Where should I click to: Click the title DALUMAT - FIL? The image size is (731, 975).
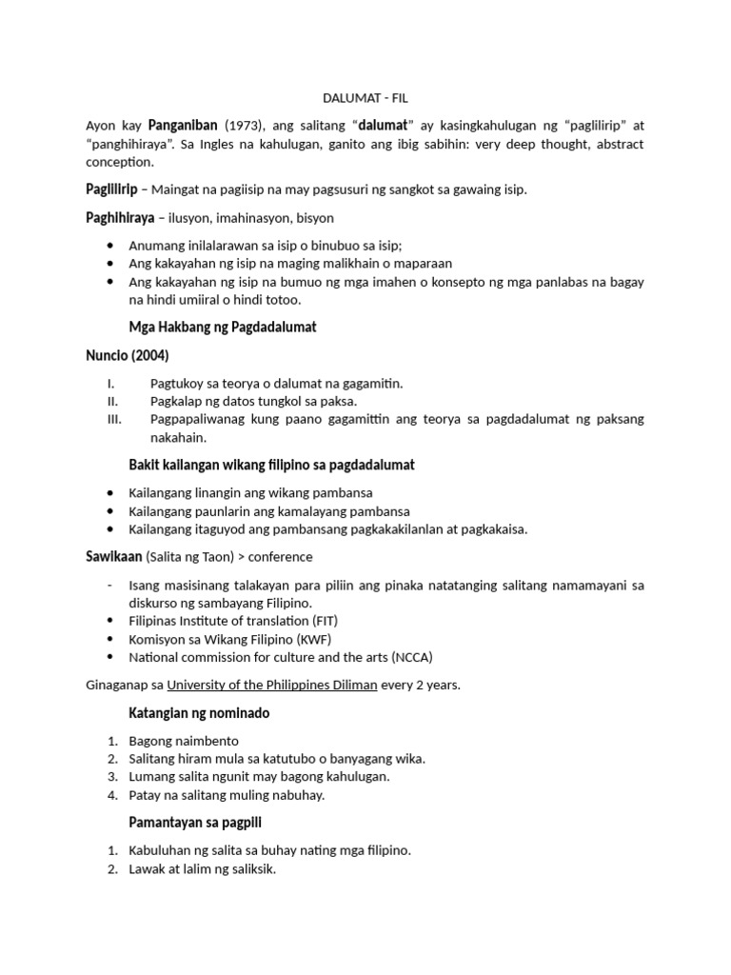click(365, 98)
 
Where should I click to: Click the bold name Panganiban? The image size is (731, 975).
click(183, 125)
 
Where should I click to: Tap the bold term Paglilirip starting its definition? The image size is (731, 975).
click(111, 189)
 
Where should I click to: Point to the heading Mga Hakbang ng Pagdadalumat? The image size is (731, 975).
click(222, 327)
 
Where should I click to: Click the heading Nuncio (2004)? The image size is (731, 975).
click(127, 354)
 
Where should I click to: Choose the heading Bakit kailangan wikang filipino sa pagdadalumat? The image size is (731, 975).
click(271, 465)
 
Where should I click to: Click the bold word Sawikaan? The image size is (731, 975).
click(112, 556)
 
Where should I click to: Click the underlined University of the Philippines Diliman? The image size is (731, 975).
click(272, 685)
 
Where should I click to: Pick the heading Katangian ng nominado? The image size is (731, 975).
click(199, 713)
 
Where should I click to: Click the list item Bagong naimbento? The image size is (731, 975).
click(184, 741)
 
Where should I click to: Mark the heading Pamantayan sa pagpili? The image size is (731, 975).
click(196, 822)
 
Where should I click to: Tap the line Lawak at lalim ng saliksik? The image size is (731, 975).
click(202, 868)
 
